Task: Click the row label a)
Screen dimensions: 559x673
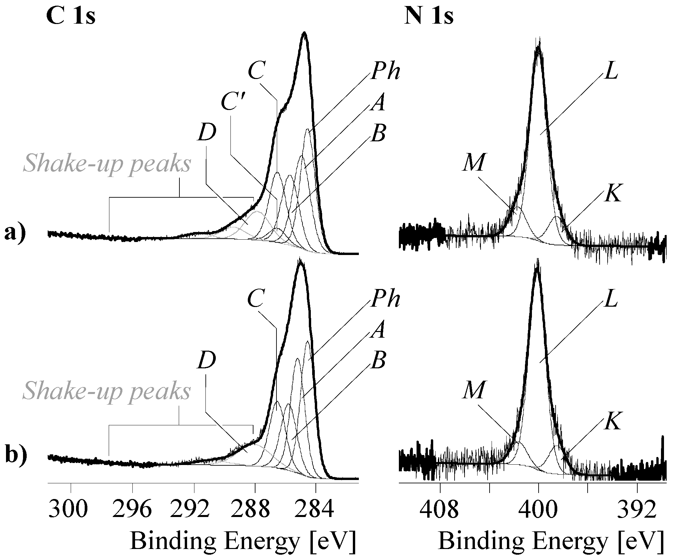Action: point(15,232)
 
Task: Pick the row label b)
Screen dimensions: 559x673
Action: point(16,455)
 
